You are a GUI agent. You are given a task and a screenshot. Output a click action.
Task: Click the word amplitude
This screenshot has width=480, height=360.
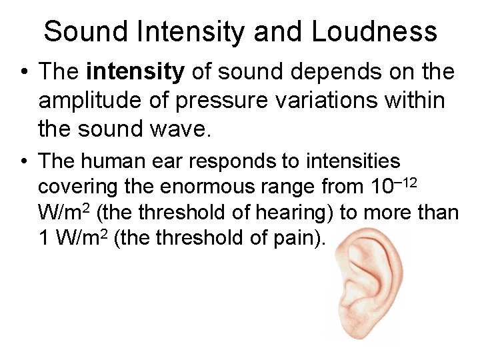point(90,101)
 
